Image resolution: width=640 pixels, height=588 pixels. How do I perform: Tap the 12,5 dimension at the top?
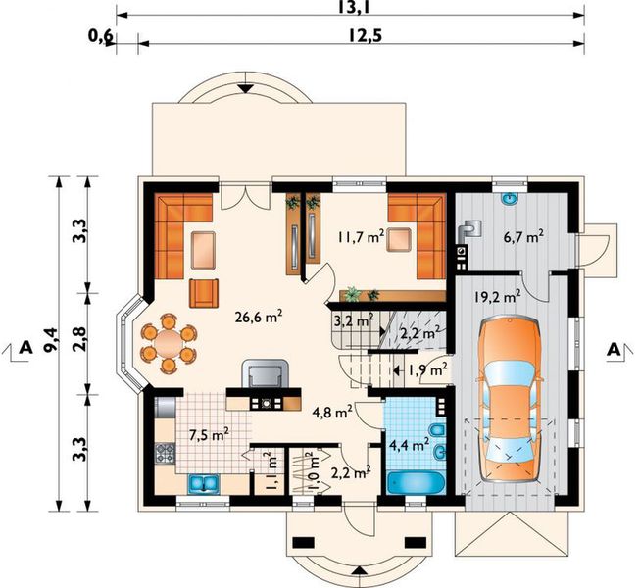[366, 36]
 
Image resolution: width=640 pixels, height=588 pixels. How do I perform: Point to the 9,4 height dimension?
[51, 339]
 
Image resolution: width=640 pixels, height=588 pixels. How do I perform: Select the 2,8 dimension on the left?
[80, 339]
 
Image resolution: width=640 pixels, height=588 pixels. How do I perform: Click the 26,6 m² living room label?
[259, 317]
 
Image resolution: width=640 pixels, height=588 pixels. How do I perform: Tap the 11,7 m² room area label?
[361, 236]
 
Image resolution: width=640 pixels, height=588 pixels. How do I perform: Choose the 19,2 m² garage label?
[498, 296]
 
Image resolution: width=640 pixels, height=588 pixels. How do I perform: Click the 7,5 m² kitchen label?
[209, 435]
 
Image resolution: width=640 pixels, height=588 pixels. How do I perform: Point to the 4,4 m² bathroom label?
[409, 444]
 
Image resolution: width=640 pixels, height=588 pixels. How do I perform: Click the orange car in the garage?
[511, 399]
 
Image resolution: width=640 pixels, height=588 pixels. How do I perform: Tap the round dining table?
[169, 343]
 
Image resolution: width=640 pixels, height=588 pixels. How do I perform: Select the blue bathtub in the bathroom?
[416, 483]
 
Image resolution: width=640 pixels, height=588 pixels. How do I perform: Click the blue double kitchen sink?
[204, 484]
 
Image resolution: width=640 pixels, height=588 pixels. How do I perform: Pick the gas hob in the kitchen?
[165, 454]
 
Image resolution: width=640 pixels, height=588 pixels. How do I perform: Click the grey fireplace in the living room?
[266, 373]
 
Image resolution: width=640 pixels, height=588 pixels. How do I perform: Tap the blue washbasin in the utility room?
[509, 198]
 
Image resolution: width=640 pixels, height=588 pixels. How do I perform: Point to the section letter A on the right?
[615, 350]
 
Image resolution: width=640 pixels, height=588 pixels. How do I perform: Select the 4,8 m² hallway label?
[332, 413]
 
